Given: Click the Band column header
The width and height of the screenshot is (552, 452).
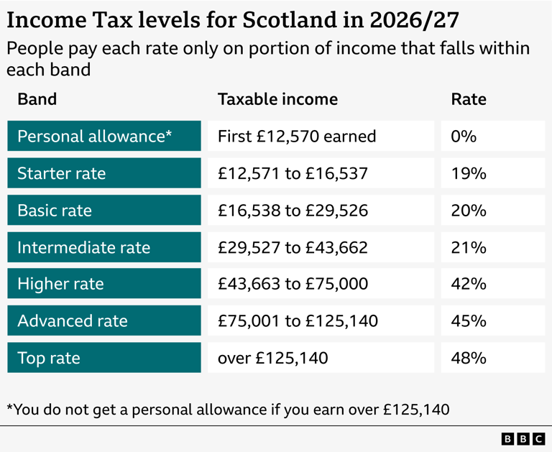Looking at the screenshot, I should [x=37, y=98].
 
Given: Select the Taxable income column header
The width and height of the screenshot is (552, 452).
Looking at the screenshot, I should [x=277, y=98].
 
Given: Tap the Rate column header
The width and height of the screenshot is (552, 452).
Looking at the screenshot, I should [x=469, y=98].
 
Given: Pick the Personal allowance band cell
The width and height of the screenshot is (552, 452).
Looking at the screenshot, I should [x=104, y=136].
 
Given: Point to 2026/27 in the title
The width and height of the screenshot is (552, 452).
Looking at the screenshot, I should [x=406, y=19].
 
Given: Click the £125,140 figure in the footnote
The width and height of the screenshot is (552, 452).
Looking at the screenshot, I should [x=416, y=410].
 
